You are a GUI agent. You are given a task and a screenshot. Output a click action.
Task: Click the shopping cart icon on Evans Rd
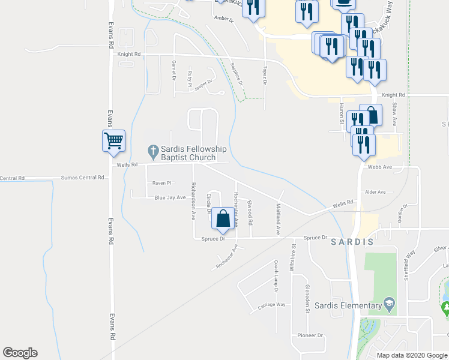[113, 141]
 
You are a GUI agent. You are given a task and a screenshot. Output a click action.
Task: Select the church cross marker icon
[153, 149]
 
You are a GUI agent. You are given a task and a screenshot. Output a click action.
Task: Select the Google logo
[20, 353]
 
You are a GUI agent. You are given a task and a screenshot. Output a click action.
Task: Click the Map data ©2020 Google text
[412, 355]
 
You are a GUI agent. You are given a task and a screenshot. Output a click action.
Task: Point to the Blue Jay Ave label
[170, 197]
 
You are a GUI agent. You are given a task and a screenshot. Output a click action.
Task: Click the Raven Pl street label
[161, 182]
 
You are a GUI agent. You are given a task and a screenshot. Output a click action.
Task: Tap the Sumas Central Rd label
[83, 178]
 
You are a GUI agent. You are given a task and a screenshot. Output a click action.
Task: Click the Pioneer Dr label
[310, 335]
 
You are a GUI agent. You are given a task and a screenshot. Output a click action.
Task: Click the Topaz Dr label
[264, 77]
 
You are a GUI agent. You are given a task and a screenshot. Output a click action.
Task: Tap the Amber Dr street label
[223, 19]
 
